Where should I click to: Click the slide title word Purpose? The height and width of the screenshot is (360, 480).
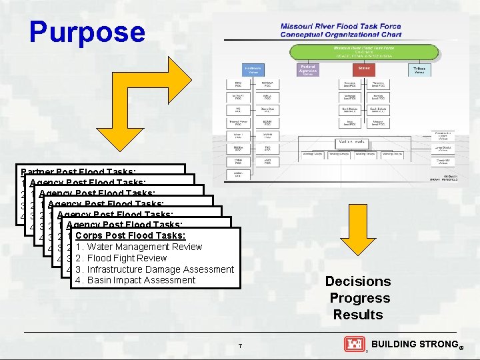[87, 32]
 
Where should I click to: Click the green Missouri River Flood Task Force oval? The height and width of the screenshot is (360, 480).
[363, 51]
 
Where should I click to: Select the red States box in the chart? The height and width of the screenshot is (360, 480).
[364, 68]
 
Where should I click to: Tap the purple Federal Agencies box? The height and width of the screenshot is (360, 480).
[308, 70]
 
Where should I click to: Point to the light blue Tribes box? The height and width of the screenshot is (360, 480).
[419, 70]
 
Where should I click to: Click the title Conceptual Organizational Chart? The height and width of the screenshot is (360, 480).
[341, 34]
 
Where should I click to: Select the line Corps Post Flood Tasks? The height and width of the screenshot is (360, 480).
[131, 235]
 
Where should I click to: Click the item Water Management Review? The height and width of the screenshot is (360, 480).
[139, 247]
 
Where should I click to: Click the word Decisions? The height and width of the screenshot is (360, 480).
[358, 281]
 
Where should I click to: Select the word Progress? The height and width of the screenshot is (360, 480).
[359, 298]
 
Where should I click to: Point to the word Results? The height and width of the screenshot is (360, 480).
[358, 315]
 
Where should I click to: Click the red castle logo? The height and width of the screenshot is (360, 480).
[354, 344]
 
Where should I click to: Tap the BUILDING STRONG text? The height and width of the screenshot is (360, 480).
[413, 344]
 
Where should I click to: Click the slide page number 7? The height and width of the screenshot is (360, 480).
[240, 345]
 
